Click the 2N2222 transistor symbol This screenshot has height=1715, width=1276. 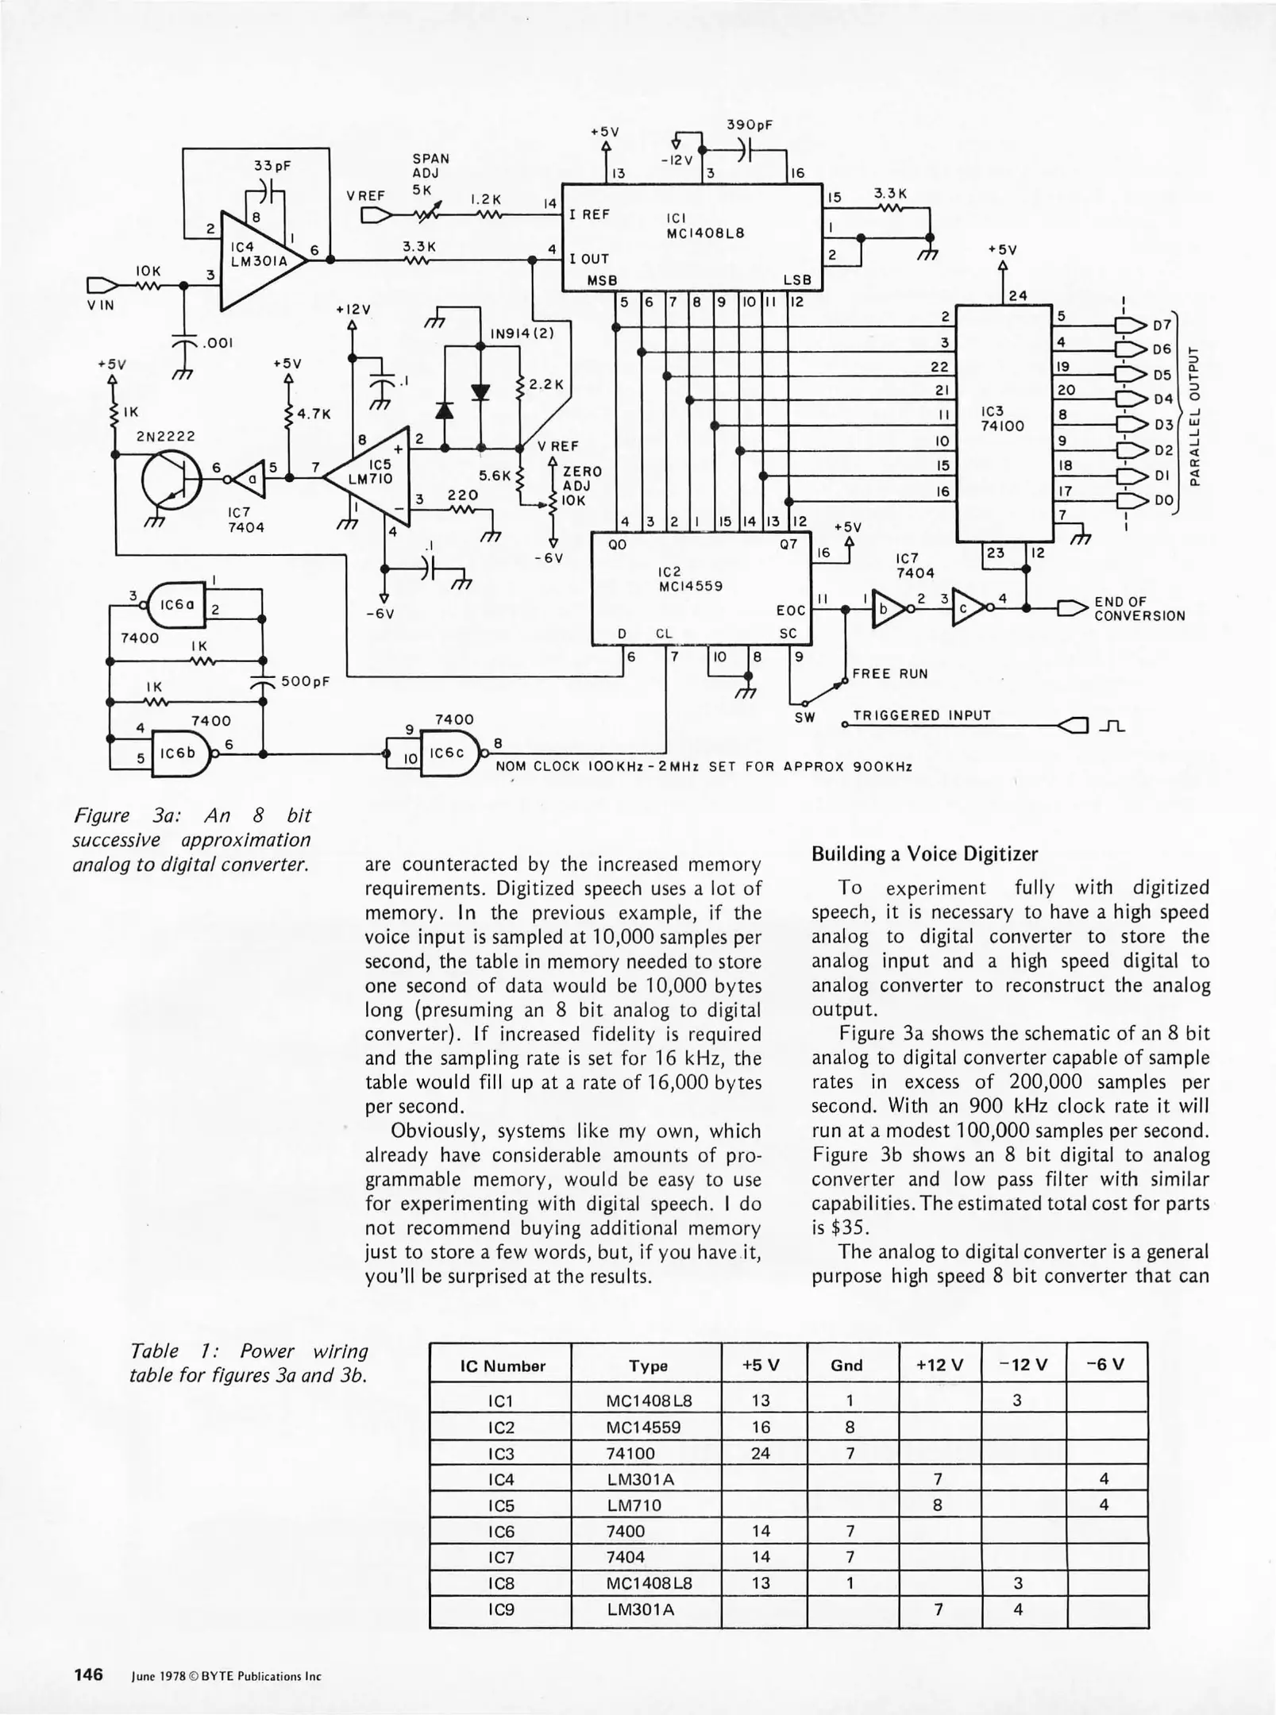(172, 480)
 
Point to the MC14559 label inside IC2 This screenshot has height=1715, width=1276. (690, 586)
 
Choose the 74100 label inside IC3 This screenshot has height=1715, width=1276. (1003, 426)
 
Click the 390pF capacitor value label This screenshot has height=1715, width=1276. (750, 125)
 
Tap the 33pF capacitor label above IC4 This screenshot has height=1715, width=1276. (272, 166)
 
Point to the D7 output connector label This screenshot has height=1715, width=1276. (1162, 325)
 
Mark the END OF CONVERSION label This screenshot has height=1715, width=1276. (1139, 609)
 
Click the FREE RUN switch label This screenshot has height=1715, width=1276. (889, 674)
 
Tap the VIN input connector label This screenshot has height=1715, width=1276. (101, 305)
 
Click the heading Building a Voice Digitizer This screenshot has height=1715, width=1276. (924, 854)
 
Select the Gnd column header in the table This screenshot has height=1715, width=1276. (846, 1366)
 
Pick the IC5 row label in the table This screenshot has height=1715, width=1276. (500, 1505)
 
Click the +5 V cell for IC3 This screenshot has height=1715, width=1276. (761, 1454)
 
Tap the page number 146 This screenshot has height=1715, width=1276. (89, 1675)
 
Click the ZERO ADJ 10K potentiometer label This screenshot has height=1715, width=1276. (582, 486)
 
